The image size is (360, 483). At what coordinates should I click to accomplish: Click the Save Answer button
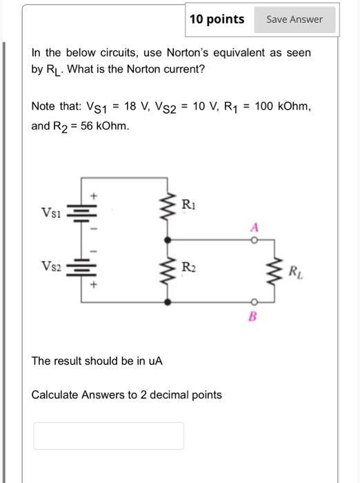click(x=294, y=20)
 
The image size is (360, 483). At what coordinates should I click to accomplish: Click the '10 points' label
click(x=217, y=19)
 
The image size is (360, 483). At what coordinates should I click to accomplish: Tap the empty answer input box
click(x=109, y=435)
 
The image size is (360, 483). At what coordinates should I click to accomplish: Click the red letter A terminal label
click(x=254, y=227)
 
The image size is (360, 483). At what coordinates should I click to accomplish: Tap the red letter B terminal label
click(x=253, y=317)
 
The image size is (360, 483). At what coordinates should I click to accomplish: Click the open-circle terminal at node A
click(x=253, y=240)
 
